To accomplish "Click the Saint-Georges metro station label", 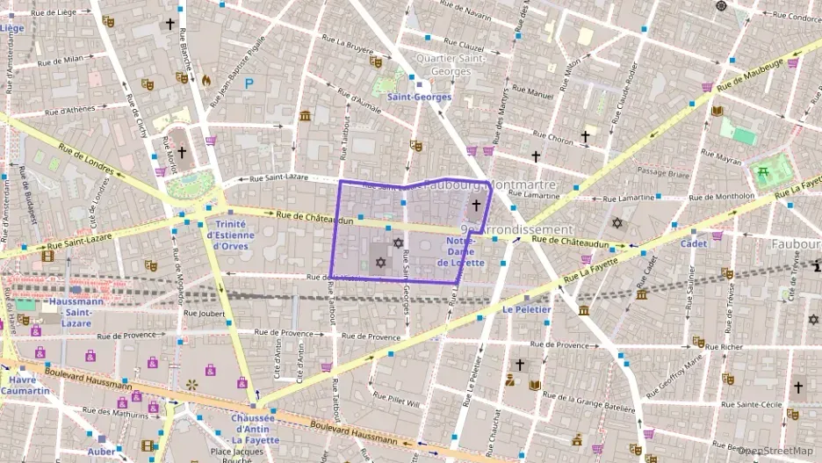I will (419, 98).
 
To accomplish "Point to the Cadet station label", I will (694, 243).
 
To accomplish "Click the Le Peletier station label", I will (527, 309).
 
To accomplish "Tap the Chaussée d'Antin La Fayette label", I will (256, 429).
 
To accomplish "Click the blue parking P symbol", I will (249, 83).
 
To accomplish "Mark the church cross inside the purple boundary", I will (476, 206).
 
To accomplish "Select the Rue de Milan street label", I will (61, 60).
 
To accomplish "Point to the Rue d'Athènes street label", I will (69, 111).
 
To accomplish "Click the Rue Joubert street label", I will (200, 312).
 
